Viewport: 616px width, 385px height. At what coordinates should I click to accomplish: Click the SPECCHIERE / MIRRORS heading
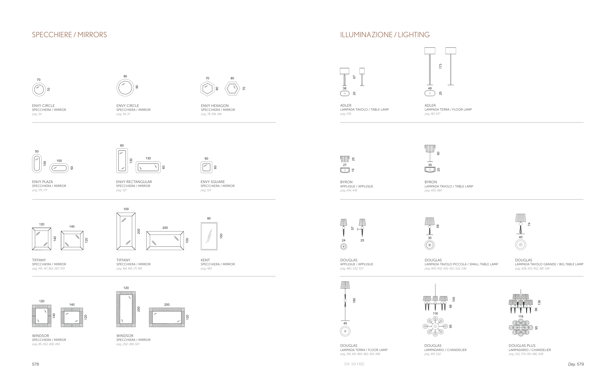coord(69,35)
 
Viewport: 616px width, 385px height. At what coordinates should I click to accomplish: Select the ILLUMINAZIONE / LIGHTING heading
coord(385,35)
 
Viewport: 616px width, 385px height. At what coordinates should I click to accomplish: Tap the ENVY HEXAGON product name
coord(215,106)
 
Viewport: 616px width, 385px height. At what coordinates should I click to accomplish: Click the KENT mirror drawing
coord(209,236)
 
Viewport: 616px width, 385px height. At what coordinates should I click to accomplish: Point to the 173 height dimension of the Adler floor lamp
coord(440,66)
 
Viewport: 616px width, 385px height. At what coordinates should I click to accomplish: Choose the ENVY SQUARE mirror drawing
coord(206,167)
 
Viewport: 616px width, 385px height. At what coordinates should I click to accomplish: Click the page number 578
coord(35,364)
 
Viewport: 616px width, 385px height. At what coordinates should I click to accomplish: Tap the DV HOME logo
coord(354,364)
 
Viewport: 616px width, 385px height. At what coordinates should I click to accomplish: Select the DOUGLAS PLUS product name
coord(522,346)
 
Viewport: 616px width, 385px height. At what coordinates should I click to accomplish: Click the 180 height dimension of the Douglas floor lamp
coord(354,300)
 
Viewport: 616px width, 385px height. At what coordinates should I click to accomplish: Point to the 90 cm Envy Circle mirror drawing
coord(125,88)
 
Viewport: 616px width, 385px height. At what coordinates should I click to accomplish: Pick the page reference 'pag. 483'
coord(206,268)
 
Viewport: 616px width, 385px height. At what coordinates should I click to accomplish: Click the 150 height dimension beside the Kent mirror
coord(221,236)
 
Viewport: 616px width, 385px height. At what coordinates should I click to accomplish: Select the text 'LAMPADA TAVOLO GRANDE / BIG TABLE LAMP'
coord(549,264)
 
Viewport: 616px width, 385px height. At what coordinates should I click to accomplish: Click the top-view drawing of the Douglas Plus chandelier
coord(520,328)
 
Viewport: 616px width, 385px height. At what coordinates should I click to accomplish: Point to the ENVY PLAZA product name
coord(43,182)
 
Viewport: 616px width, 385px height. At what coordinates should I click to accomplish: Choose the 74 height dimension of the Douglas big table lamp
coord(529,224)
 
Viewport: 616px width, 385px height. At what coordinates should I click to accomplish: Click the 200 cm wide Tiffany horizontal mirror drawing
coord(165,240)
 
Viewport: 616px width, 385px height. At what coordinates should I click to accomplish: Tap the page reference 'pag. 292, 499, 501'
coord(128,344)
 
